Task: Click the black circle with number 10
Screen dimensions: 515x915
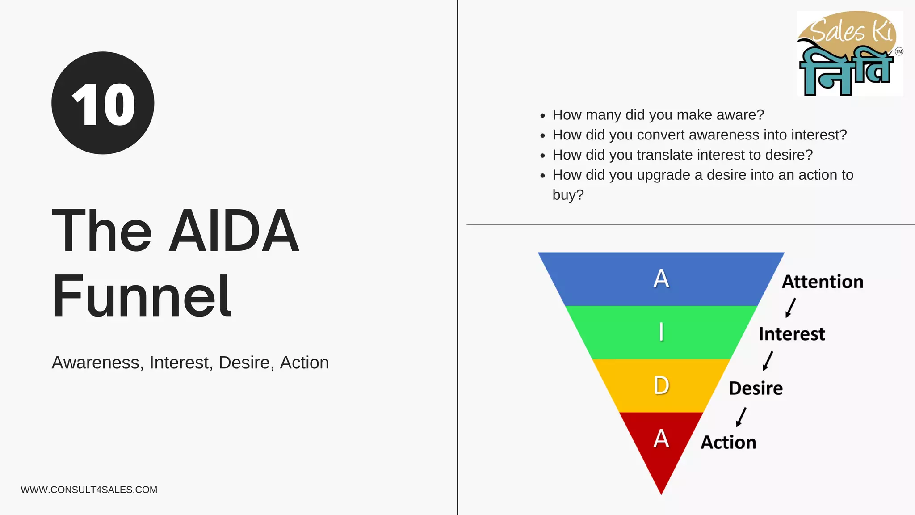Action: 103,103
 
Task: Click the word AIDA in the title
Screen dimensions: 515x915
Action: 233,231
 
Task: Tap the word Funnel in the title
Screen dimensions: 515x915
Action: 142,296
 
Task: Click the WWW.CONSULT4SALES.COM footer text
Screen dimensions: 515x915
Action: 89,490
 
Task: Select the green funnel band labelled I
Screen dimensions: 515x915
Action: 661,332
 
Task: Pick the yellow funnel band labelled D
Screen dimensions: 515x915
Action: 661,385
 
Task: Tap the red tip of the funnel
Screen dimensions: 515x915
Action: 661,447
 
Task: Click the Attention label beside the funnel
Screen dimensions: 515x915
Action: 822,282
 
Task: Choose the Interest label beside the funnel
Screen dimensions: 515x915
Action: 792,334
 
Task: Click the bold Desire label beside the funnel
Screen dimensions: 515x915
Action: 756,388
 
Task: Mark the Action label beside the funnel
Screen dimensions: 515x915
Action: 728,442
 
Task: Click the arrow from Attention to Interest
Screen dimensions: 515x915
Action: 790,308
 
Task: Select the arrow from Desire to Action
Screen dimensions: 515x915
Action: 741,417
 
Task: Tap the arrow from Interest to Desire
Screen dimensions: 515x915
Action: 768,361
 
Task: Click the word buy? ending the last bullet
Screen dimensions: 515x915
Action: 568,195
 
